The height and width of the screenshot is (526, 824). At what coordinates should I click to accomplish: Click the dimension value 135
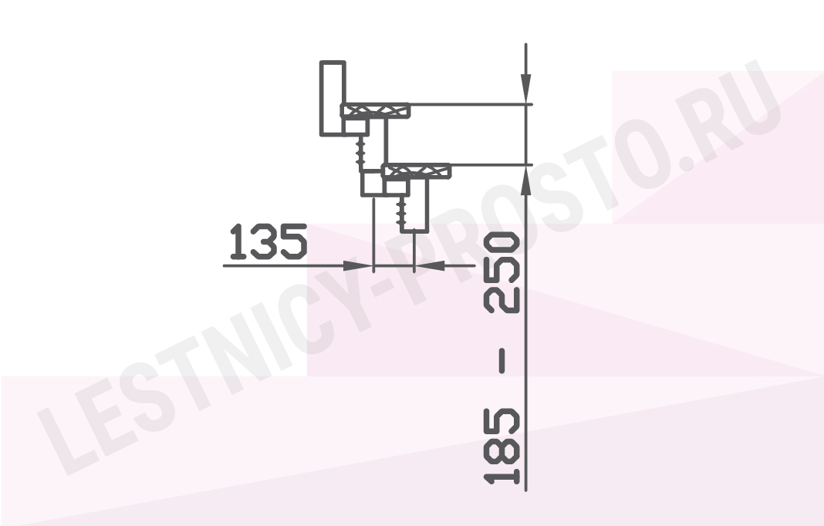[268, 241]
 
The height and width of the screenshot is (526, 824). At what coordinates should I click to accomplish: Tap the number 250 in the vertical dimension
[503, 273]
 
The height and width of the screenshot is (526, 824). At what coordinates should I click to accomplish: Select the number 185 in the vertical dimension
[503, 446]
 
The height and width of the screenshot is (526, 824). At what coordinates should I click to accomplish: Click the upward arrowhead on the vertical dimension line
[525, 181]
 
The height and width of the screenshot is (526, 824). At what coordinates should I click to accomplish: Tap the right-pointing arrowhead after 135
[358, 266]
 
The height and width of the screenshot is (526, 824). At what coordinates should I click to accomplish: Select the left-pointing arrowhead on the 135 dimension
[430, 266]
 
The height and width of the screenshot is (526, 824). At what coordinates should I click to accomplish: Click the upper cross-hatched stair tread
[375, 110]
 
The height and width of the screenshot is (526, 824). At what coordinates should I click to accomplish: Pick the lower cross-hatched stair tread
[416, 170]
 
